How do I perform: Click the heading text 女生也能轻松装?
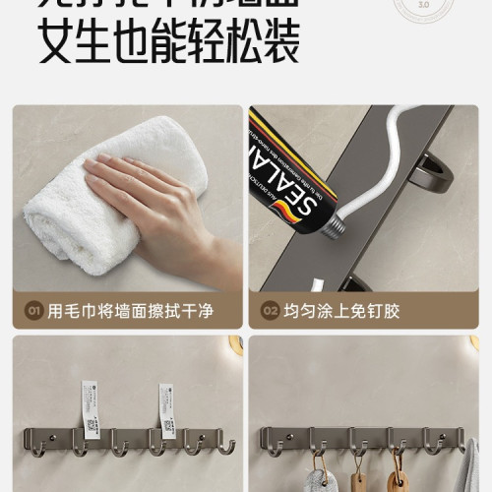click(x=168, y=44)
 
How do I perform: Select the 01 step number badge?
click(x=32, y=312)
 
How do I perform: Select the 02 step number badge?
click(x=271, y=312)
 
